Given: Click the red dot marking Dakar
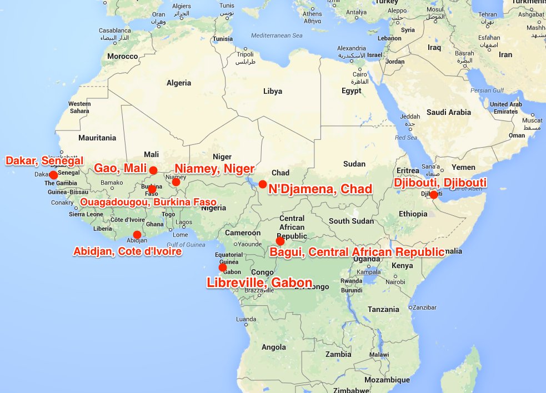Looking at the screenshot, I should point(53,175).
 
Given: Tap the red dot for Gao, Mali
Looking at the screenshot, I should point(153,170).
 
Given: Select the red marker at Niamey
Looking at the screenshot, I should point(176,182).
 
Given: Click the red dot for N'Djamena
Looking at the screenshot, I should point(263,184).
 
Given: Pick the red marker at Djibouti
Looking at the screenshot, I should point(434,195).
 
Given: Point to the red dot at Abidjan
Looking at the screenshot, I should point(137,235).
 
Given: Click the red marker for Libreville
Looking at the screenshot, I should point(223,268).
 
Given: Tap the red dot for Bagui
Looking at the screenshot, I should point(280,241).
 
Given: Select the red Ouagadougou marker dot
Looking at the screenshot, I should point(152,189).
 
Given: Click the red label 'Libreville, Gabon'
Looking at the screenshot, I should point(259,282).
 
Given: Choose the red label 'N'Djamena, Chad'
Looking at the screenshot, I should point(320,190).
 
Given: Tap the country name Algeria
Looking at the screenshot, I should point(178,83).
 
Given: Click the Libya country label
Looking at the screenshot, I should point(272,91).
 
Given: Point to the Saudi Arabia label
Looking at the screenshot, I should point(449,112).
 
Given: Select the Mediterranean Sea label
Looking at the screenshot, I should point(275,35).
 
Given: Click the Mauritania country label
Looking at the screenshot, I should point(97,138).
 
